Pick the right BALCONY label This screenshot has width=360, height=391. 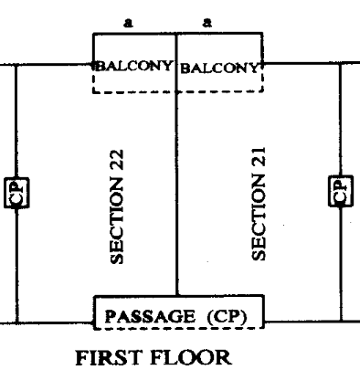click(218, 67)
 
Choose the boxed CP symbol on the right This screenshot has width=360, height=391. click(339, 191)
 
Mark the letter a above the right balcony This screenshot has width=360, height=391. click(217, 17)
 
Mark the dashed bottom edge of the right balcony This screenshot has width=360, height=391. click(220, 92)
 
